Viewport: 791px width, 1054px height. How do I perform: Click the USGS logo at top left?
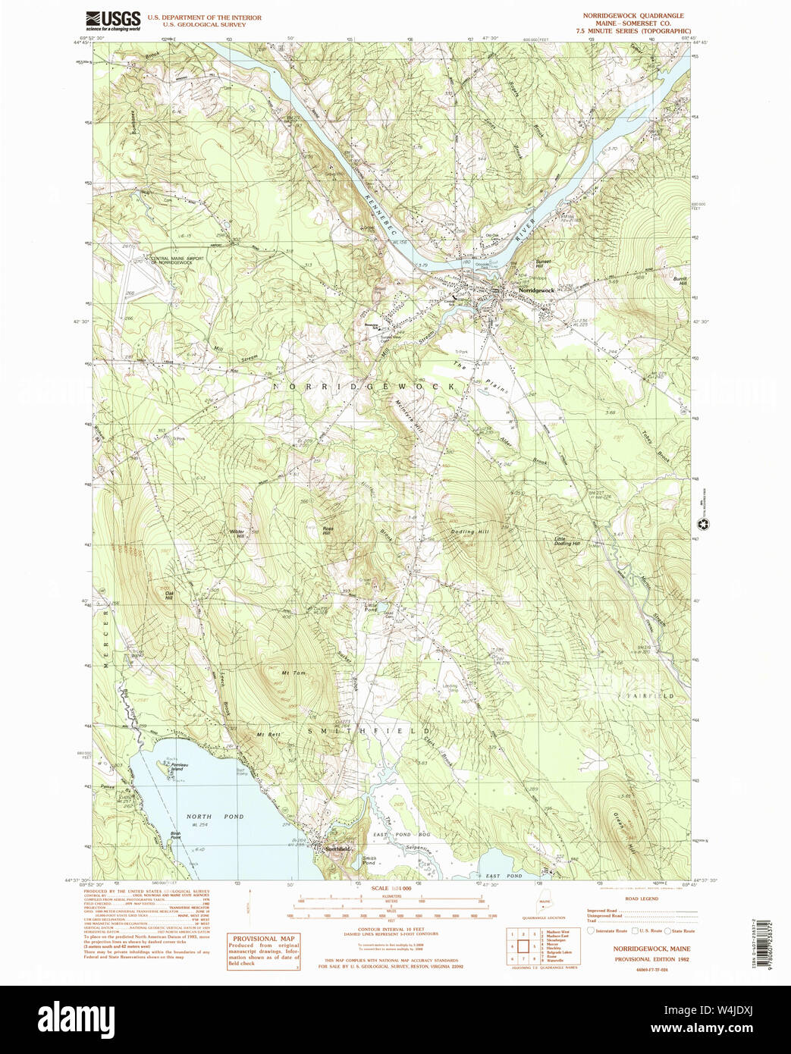[113, 19]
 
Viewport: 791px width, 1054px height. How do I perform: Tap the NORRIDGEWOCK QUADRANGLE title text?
[632, 15]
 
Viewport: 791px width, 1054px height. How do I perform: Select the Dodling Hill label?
[470, 532]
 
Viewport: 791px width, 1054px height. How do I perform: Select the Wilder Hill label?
[237, 533]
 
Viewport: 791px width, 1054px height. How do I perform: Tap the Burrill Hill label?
[680, 281]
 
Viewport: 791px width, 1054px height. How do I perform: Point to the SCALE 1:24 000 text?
[391, 888]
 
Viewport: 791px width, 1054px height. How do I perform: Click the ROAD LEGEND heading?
[642, 898]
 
